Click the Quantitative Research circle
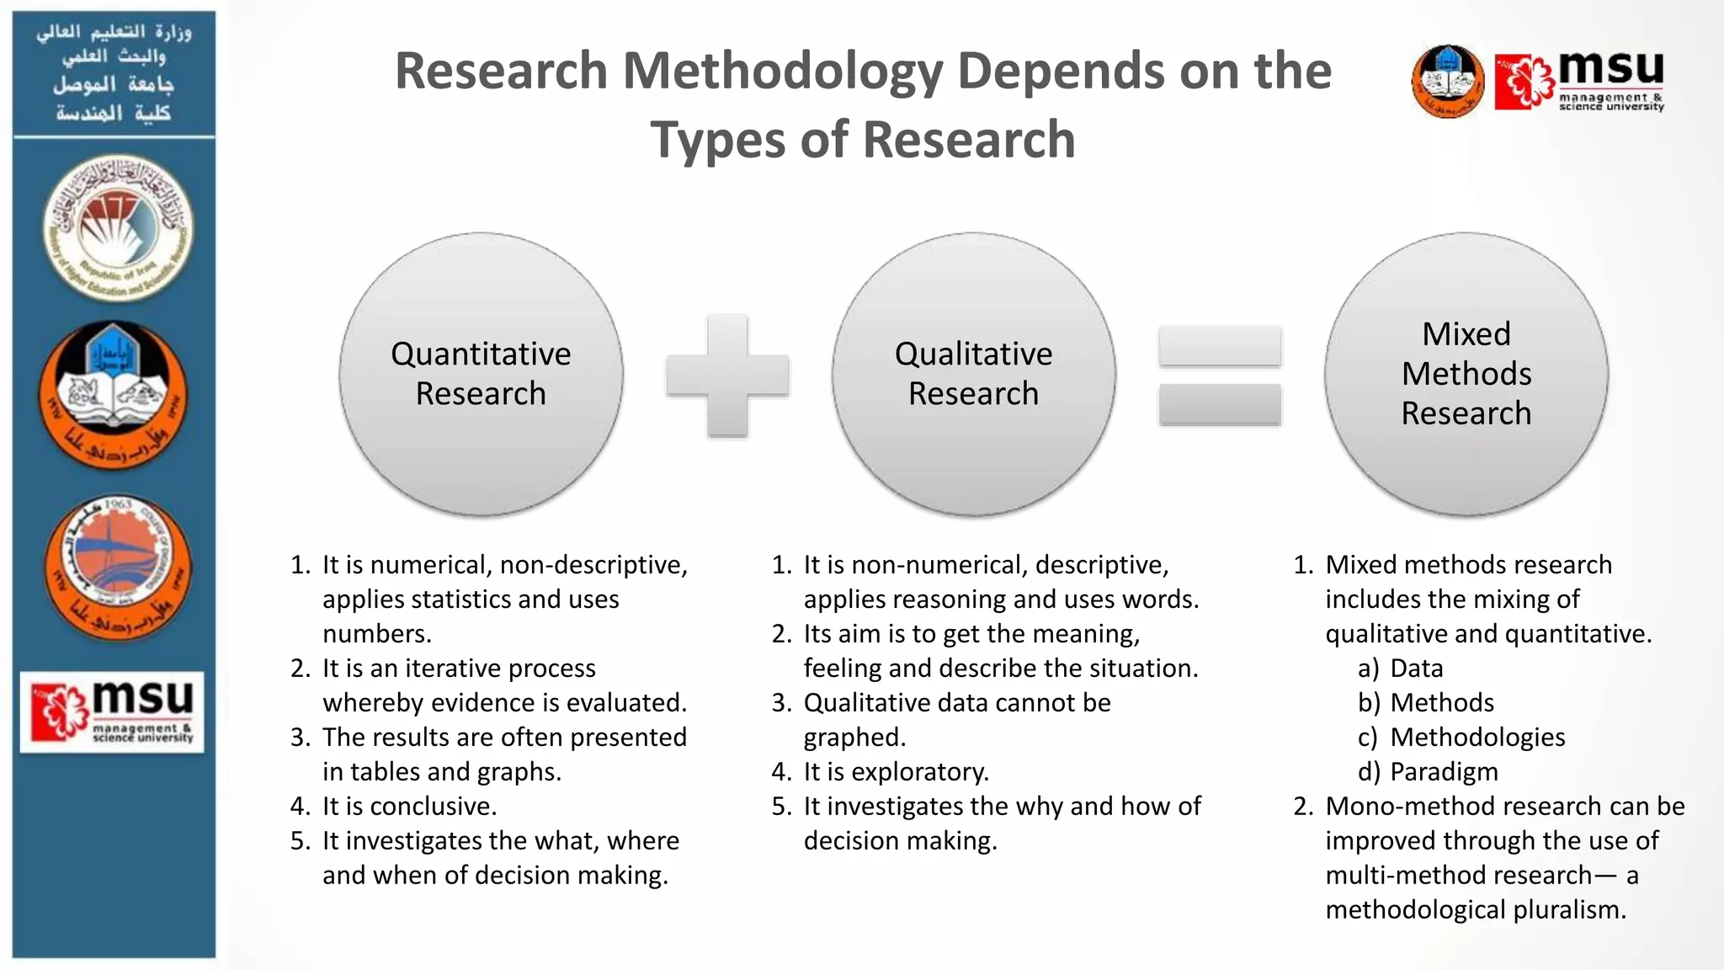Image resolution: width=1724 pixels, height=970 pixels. point(481,374)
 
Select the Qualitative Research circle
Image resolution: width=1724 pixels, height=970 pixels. point(973,374)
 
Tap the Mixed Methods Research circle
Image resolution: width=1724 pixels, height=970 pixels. point(1466,374)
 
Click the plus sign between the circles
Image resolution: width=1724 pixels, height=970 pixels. point(727,376)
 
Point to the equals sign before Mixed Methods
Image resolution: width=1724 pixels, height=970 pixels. point(1220,376)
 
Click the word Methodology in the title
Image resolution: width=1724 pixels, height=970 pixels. point(782,71)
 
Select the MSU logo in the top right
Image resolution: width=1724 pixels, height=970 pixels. point(1579,81)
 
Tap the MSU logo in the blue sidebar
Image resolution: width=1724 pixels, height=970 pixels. point(112,712)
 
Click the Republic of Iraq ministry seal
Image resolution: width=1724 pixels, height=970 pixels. point(118,228)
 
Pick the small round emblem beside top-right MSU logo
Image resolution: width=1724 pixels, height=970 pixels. point(1447,81)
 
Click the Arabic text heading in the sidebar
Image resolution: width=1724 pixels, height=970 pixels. point(114,72)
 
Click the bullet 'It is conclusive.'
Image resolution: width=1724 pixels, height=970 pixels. point(409,806)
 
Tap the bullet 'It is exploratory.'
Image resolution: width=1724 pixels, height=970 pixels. point(896,771)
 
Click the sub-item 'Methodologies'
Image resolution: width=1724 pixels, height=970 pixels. point(1477,737)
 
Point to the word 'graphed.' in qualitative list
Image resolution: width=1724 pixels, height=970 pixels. point(854,737)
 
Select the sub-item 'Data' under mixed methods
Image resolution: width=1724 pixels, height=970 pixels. point(1416,668)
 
